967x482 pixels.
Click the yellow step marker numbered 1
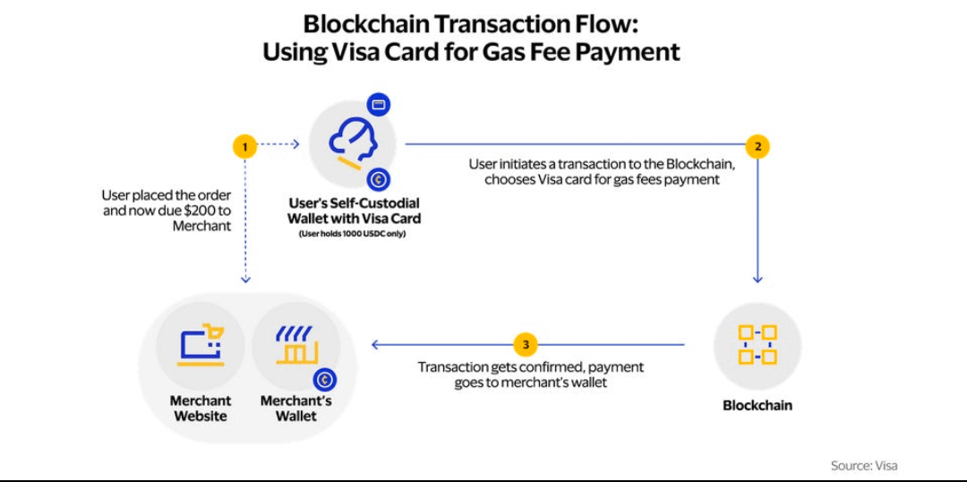244,146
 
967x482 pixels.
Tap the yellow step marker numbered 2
757,146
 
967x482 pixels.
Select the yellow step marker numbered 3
526,344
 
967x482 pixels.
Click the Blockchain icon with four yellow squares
757,345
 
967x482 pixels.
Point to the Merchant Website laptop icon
200,346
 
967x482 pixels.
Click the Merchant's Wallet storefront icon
295,346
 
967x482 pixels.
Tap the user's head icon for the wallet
352,143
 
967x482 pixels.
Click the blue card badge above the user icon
379,104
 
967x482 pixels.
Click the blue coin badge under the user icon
379,179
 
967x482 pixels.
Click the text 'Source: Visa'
863,465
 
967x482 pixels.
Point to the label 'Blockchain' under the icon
757,405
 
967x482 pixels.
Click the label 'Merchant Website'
200,408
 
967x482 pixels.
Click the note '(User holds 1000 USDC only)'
352,234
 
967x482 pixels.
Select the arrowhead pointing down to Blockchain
757,279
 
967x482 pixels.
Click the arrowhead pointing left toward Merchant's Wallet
375,344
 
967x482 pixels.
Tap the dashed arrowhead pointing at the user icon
295,143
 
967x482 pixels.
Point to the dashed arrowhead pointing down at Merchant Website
245,279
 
